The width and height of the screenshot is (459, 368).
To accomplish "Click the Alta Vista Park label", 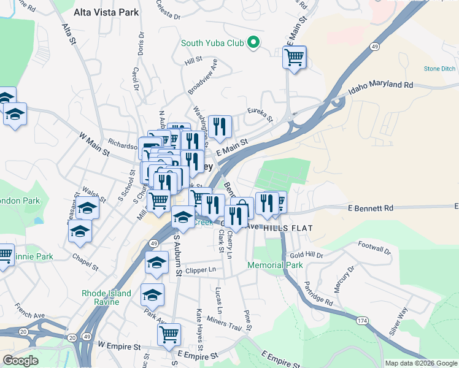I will click(106, 12).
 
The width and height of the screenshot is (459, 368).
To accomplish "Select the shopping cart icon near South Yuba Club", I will click(295, 58).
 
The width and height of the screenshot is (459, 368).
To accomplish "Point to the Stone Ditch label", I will click(439, 69).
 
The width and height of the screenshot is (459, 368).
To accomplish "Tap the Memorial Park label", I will click(275, 266).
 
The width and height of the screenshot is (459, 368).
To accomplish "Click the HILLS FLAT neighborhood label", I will click(288, 228).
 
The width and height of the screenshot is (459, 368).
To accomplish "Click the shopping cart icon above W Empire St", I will click(169, 335).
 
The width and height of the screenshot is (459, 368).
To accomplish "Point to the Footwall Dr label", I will click(374, 248).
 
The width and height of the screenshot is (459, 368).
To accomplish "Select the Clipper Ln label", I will click(201, 270).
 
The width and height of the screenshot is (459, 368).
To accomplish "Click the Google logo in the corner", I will click(20, 361).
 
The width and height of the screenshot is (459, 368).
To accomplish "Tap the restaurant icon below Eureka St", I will click(220, 126).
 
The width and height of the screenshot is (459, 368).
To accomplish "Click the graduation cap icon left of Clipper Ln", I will click(157, 264).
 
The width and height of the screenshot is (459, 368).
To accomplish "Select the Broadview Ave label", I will click(203, 76).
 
